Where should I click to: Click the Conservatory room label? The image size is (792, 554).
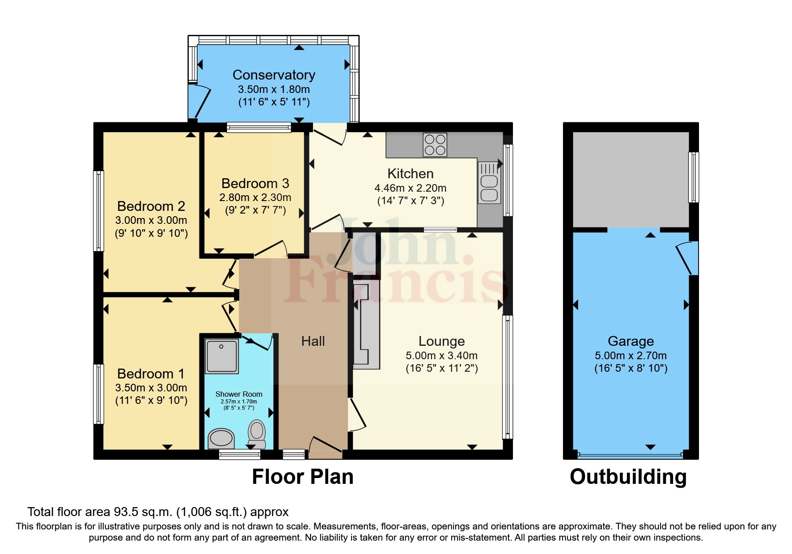[274, 75]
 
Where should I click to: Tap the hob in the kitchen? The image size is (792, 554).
[435, 145]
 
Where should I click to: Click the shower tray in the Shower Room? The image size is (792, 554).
[221, 356]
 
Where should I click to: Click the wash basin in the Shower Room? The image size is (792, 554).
[221, 438]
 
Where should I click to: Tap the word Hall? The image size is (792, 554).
[313, 341]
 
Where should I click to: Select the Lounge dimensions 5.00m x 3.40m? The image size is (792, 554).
[441, 356]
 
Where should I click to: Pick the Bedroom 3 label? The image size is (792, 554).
[255, 183]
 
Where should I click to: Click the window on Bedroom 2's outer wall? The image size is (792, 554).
[98, 211]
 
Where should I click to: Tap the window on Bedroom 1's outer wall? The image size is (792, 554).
[98, 394]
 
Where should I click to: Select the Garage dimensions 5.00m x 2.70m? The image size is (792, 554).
[630, 356]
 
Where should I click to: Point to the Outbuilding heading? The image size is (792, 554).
[628, 477]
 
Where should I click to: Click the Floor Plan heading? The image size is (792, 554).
[303, 477]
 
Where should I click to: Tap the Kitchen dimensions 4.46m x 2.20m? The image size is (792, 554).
[410, 188]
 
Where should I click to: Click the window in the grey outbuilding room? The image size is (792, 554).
[693, 177]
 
